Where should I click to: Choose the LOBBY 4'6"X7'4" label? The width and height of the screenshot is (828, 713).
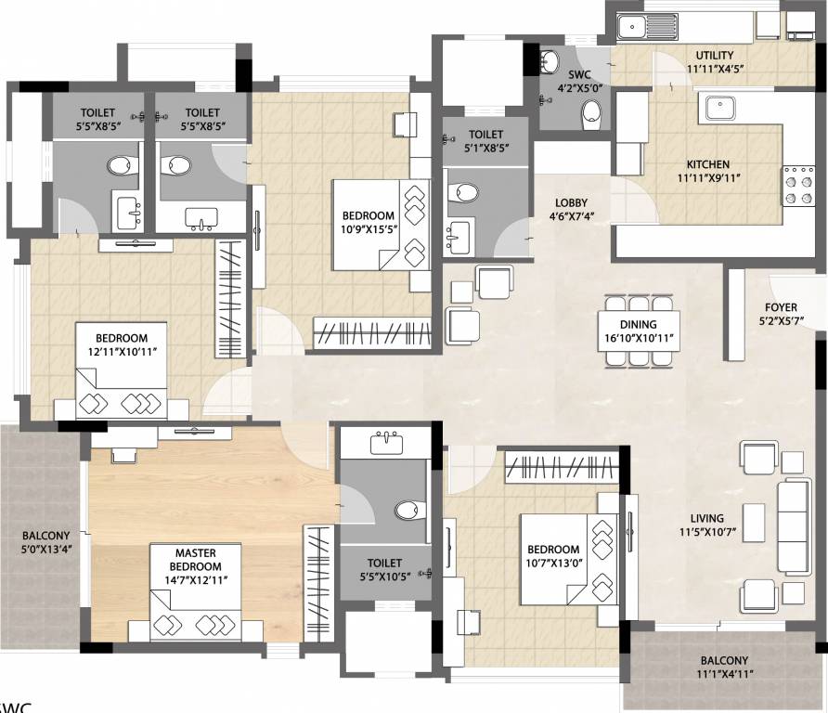(x=572, y=211)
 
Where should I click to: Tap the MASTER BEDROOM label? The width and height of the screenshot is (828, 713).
(x=195, y=565)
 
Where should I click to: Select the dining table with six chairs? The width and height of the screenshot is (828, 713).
(x=636, y=332)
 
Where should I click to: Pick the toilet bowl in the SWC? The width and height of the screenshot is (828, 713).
(x=591, y=115)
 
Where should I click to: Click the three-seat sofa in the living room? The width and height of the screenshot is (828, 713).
(x=795, y=526)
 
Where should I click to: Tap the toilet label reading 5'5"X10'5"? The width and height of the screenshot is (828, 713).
(x=384, y=569)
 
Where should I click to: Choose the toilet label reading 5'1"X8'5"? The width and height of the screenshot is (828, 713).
(x=485, y=141)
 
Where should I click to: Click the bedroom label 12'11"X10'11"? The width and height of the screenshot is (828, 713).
(x=121, y=344)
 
